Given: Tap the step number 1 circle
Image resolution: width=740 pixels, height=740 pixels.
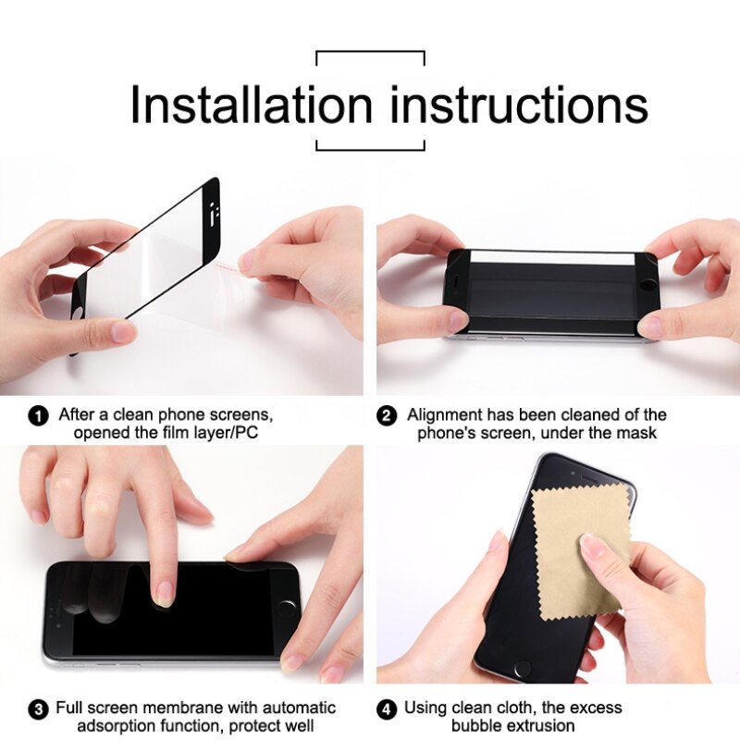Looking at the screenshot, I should coord(39,416).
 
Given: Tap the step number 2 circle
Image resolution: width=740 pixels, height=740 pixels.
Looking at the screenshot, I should coord(387,416).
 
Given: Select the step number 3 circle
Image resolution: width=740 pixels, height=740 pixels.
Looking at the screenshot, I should coord(38,709).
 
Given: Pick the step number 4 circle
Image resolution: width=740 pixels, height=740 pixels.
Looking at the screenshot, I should coord(387,709).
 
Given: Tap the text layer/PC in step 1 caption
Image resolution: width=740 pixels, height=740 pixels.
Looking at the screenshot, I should coord(228,433).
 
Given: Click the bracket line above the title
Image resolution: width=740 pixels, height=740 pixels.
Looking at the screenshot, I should coord(370,52).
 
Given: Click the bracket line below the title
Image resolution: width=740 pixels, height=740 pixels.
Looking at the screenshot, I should coord(370,148).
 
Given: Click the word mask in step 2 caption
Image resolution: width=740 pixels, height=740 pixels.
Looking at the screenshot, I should coord(638,433).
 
